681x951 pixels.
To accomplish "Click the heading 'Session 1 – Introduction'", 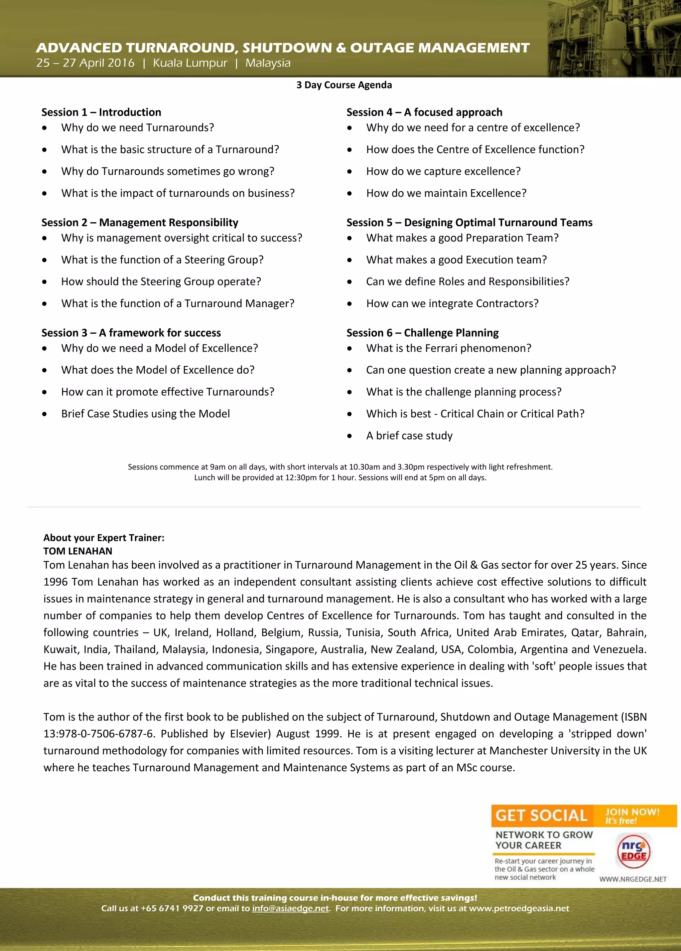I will tap(101, 112).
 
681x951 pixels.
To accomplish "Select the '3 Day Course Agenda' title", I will tap(344, 85).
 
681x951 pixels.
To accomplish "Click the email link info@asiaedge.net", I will tap(290, 908).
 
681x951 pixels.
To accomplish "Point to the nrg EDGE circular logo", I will tap(634, 852).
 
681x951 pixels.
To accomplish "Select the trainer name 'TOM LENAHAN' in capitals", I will tap(78, 551).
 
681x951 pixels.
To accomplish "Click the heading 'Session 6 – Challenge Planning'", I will tap(422, 333).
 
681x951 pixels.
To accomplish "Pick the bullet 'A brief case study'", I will tap(409, 436).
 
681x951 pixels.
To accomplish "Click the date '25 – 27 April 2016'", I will tap(85, 63).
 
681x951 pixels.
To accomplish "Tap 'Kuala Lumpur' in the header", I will tap(190, 63).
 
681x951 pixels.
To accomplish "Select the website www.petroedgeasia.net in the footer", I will tap(519, 908).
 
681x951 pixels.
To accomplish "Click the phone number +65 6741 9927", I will tap(172, 908).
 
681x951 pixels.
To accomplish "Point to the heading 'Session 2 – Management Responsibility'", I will tap(140, 223).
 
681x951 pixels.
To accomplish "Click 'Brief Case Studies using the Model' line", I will tap(145, 414).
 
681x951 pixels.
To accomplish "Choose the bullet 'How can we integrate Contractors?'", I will tap(452, 303).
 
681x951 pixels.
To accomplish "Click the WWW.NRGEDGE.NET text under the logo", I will tap(633, 879).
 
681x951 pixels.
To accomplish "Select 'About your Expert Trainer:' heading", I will tap(104, 538).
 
